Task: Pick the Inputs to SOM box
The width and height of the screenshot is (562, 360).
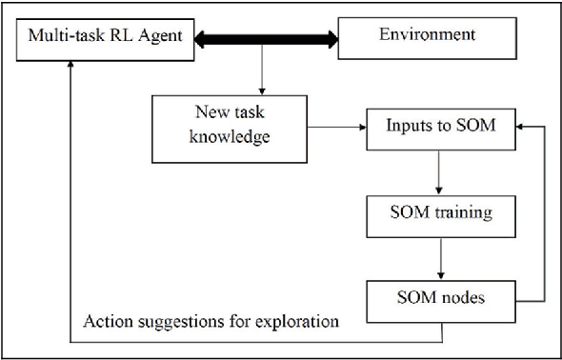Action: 441,126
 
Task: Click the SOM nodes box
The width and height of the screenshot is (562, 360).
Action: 441,295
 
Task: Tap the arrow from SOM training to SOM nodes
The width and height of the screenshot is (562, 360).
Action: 441,255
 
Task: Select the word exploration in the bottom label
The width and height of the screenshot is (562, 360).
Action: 298,321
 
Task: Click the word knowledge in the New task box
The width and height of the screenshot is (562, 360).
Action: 230,136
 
